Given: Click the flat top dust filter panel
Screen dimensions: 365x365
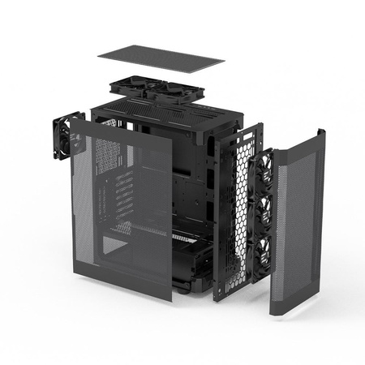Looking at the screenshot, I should point(161,58).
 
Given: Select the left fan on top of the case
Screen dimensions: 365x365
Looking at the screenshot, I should point(134,87).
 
